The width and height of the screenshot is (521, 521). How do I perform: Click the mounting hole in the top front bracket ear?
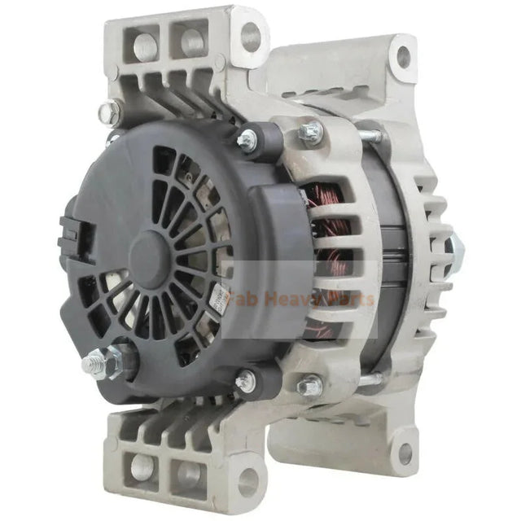(x=251, y=37)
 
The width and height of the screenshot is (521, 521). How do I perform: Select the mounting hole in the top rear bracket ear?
(x=402, y=57)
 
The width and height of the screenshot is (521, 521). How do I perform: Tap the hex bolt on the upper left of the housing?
(x=107, y=113)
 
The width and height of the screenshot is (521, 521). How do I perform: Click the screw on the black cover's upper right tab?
(x=247, y=140)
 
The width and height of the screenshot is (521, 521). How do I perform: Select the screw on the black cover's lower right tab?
(x=244, y=380)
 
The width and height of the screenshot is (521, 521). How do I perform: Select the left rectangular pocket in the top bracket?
(x=145, y=46)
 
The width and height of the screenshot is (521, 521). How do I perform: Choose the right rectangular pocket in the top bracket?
(x=191, y=41)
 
